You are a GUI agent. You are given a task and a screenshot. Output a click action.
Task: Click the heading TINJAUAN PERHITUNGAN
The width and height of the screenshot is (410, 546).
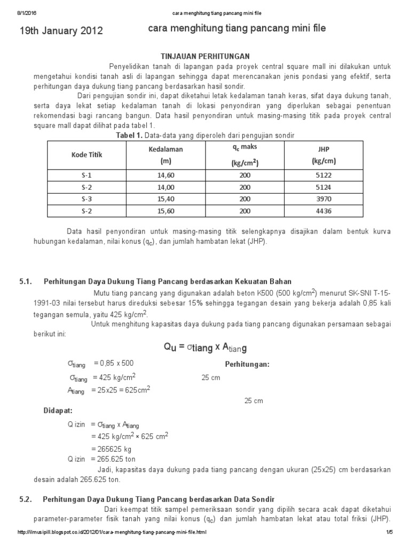click(206, 56)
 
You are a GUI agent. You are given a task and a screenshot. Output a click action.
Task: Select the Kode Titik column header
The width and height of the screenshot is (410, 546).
click(87, 155)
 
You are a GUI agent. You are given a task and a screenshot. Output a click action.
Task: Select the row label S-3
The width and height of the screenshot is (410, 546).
click(87, 199)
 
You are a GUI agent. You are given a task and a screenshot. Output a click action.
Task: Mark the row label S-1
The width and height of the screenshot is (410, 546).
click(87, 175)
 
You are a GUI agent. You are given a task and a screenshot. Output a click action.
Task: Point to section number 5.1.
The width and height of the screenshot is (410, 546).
click(26, 281)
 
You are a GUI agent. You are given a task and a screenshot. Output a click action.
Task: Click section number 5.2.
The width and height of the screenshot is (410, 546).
click(26, 499)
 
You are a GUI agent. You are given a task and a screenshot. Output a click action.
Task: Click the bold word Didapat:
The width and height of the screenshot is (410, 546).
click(58, 412)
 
